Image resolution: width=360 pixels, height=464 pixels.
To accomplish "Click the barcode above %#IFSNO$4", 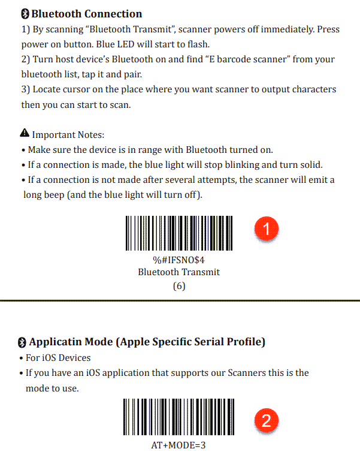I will pyautogui.click(x=179, y=233).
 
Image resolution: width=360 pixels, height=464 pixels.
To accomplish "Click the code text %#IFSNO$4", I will pyautogui.click(x=179, y=260).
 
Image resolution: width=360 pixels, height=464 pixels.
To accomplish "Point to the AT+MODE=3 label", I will pyautogui.click(x=179, y=446).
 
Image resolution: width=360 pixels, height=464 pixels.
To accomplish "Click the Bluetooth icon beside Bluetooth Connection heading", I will pyautogui.click(x=25, y=14).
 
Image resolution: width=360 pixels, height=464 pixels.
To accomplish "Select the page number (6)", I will pyautogui.click(x=179, y=286).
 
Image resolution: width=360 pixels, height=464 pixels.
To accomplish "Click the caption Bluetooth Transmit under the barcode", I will pyautogui.click(x=179, y=272).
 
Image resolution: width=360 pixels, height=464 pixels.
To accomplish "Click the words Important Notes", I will pyautogui.click(x=68, y=135).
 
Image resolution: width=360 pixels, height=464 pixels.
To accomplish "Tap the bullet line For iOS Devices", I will pyautogui.click(x=59, y=358).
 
